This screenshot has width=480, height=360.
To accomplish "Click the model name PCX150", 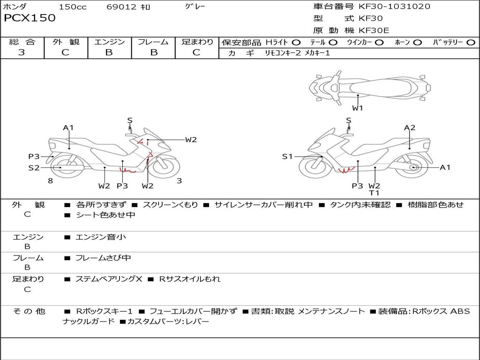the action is pos(30,18).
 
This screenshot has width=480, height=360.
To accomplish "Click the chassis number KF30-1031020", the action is pos(394,7).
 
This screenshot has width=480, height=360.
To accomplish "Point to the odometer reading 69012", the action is pos(121,7).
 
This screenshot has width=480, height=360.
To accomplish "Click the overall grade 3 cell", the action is pos(22,52).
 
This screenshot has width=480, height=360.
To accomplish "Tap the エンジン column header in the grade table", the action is pos(109,42).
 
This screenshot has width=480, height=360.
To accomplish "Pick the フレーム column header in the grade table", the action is pos(153,42).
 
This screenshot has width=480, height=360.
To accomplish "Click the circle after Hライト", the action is pos(296,43).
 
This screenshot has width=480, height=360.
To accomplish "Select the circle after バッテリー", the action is pos(471,43).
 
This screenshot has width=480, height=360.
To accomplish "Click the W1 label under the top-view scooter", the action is pos(358,108).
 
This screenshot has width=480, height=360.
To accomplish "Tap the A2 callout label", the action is pos(410,127).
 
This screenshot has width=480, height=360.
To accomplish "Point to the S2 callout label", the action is pos(34,167).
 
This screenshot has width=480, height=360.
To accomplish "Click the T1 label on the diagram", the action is pos(374,193).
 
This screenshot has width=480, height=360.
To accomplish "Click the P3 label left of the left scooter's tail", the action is pos(34,157).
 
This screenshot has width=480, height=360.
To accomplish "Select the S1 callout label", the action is pos(287,157).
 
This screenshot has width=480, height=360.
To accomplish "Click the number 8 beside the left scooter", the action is pos(50,180).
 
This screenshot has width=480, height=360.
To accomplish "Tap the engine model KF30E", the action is pos(374,30).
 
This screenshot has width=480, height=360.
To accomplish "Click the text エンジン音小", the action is pos(100,237).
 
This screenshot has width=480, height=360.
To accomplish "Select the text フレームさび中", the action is pos(103,258).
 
